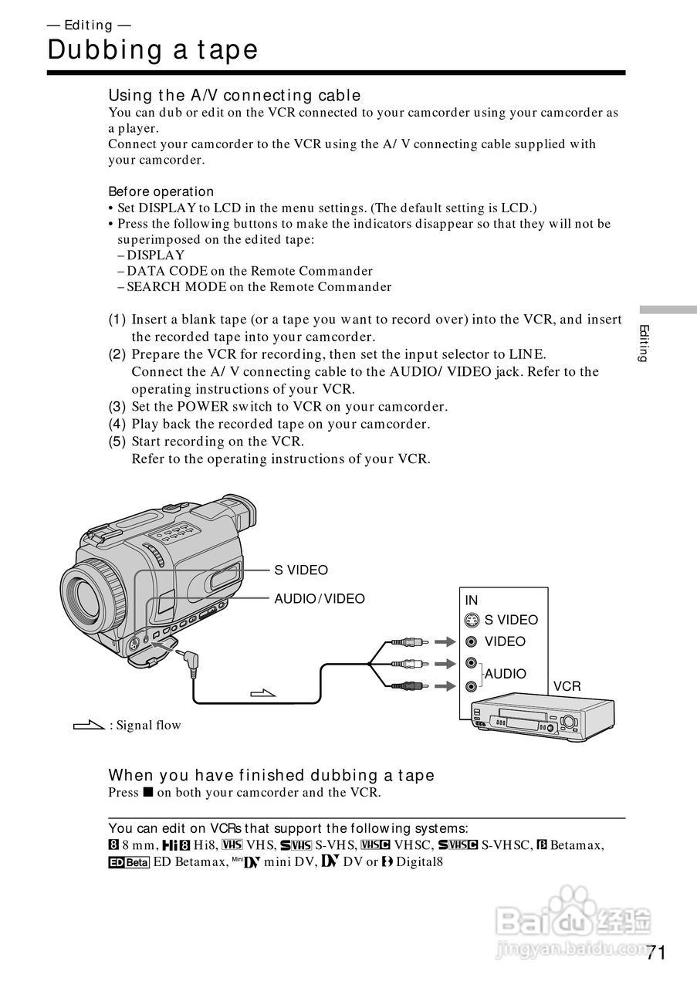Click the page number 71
click(655, 952)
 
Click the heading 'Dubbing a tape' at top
click(152, 50)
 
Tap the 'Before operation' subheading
click(161, 191)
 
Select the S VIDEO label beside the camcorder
click(301, 570)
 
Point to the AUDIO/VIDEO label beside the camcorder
click(320, 599)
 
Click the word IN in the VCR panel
click(472, 601)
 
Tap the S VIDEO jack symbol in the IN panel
click(472, 620)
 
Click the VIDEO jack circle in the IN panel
click(472, 641)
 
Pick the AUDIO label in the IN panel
click(506, 674)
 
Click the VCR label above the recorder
click(567, 686)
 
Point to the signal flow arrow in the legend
click(88, 726)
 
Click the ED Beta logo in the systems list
click(128, 863)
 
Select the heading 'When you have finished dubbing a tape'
click(271, 775)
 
